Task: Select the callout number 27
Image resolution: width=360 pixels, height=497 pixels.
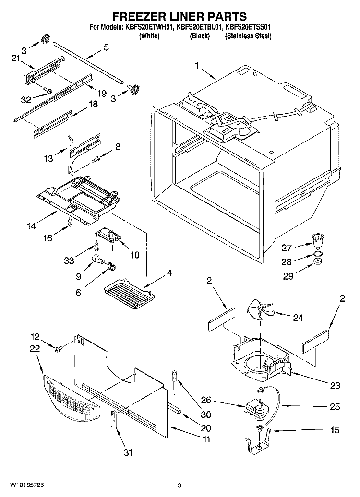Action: click(x=287, y=248)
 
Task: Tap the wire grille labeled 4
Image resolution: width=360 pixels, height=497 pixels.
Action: click(x=129, y=290)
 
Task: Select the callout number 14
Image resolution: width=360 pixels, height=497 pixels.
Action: click(x=31, y=226)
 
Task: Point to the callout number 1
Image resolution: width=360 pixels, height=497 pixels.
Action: click(x=196, y=66)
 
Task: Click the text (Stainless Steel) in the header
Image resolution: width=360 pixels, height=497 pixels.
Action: click(x=248, y=36)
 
